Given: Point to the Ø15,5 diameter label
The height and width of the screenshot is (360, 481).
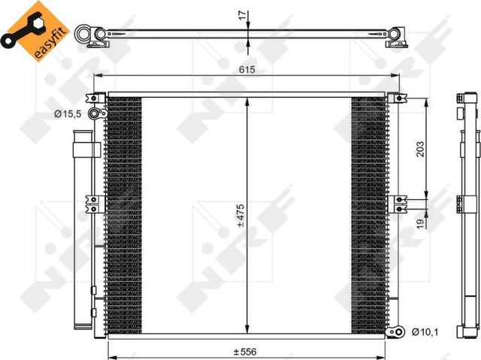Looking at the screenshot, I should point(67,113).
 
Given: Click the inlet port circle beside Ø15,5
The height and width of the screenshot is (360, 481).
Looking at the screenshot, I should point(95,113).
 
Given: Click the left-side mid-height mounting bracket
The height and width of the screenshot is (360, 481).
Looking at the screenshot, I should point(92,201).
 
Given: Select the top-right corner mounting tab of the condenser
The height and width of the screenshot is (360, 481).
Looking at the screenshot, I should point(395,98).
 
